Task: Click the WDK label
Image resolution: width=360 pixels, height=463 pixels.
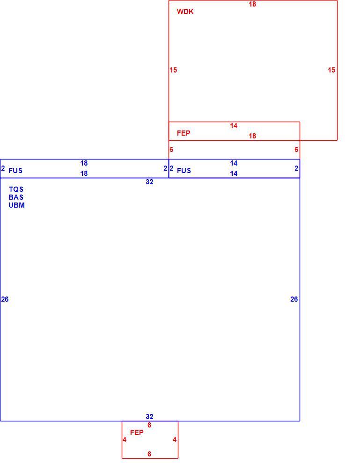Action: point(185,12)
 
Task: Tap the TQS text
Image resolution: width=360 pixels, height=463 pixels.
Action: point(16,189)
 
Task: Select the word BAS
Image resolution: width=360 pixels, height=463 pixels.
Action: point(16,197)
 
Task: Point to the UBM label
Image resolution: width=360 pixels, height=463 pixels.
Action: point(16,205)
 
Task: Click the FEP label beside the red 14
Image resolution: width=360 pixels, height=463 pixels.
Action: point(184,133)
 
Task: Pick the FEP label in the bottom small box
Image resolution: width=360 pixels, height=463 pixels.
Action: point(137,432)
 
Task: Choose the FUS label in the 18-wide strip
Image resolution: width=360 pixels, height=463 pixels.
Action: point(15,170)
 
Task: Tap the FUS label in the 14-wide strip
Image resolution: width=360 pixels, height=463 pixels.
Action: point(184,170)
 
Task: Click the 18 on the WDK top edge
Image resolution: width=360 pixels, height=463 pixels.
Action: point(252,4)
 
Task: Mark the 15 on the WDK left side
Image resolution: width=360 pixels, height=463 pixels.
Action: point(173,70)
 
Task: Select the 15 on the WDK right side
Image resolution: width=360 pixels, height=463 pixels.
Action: point(331,70)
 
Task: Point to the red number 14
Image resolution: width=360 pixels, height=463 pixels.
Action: point(234,126)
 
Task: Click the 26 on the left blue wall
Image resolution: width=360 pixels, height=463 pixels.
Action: point(5,299)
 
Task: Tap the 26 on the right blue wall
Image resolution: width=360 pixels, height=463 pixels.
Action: point(294,299)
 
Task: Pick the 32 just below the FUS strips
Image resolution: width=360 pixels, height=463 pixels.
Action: point(149,182)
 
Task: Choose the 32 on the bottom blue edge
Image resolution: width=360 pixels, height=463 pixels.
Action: point(149,417)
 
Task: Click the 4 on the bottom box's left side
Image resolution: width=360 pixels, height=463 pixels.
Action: point(125,440)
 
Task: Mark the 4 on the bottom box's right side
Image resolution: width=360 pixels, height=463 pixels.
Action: point(175,440)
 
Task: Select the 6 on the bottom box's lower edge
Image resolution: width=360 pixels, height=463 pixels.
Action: point(149,454)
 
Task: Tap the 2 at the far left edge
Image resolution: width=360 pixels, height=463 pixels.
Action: point(3,168)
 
